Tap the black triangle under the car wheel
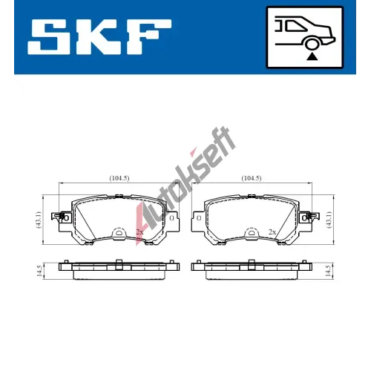(312, 57)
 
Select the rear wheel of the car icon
(312, 44)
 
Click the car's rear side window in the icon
(296, 25)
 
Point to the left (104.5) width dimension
(119, 178)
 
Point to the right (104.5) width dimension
(252, 178)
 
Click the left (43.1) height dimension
(39, 220)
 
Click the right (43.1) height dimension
(330, 220)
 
